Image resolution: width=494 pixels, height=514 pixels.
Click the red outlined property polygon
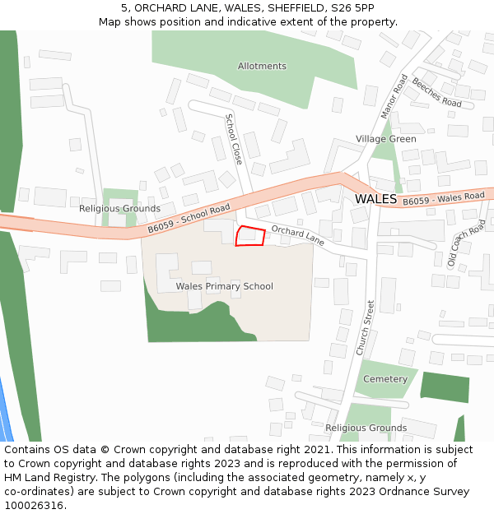pyautogui.click(x=250, y=236)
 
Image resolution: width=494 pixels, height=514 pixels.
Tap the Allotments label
pyautogui.click(x=262, y=66)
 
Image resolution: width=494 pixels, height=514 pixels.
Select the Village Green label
pyautogui.click(x=386, y=139)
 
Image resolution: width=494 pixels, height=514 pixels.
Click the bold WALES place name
pyautogui.click(x=375, y=199)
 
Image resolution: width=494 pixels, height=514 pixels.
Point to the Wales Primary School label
pyautogui.click(x=224, y=286)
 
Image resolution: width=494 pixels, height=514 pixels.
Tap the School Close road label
pyautogui.click(x=234, y=139)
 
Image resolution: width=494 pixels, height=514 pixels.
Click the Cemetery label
pyautogui.click(x=385, y=379)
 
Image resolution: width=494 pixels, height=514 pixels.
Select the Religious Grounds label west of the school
pyautogui.click(x=119, y=209)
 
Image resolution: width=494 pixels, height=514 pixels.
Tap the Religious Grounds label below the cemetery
pyautogui.click(x=366, y=428)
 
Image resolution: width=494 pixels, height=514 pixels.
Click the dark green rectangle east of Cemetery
pyautogui.click(x=445, y=387)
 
